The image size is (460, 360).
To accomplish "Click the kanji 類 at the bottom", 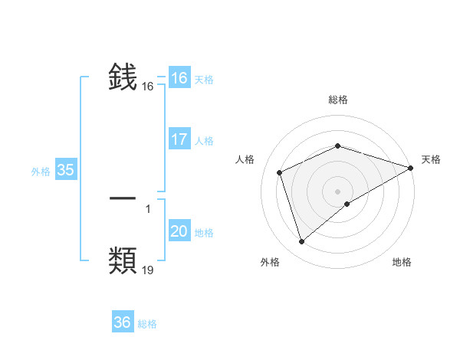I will tap(123, 260).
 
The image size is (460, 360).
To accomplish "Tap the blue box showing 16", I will tap(179, 78).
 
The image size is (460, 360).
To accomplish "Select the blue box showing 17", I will tap(179, 139).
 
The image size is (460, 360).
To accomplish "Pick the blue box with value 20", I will tap(179, 231).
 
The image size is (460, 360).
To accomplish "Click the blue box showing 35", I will tap(65, 170).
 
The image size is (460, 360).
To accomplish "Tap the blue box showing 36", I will tap(122, 322).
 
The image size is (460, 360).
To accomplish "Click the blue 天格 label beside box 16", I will tap(203, 80).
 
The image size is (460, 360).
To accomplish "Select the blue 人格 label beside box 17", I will tap(204, 141).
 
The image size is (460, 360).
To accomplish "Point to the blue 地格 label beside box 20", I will tap(204, 233).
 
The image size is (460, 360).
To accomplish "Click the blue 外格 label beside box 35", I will tap(41, 172).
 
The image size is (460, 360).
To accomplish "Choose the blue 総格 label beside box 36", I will tap(147, 324).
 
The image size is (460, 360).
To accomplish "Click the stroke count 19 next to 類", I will tap(148, 270).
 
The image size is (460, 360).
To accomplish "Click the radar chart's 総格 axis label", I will tap(337, 100).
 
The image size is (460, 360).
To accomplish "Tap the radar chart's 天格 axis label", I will tap(431, 159).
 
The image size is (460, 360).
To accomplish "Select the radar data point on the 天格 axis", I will tap(411, 168).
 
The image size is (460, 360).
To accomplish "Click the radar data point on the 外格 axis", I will tap(301, 242).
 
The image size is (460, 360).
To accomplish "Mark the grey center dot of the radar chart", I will tap(337, 191).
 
